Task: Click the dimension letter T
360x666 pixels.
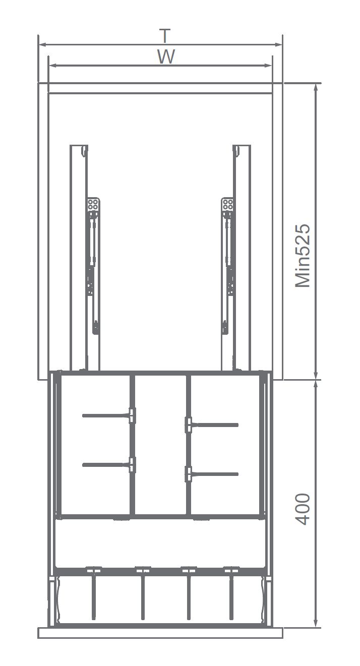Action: pyautogui.click(x=165, y=35)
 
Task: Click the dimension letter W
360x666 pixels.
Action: pyautogui.click(x=166, y=56)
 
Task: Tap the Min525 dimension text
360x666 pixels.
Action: pyautogui.click(x=303, y=256)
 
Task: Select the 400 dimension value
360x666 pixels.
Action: pyautogui.click(x=303, y=509)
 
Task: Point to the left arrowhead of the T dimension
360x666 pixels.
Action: pyautogui.click(x=42, y=44)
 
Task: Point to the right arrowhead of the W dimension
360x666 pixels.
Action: pyautogui.click(x=268, y=66)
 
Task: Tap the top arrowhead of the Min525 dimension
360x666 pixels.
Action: pyautogui.click(x=316, y=87)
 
